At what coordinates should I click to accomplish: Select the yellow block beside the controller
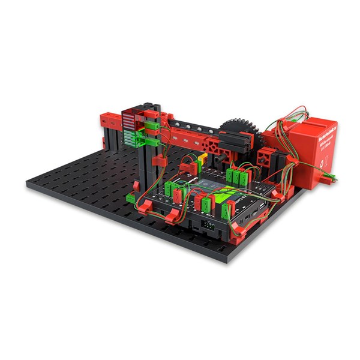point(203,160)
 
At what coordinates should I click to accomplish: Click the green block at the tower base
point(133,196)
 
